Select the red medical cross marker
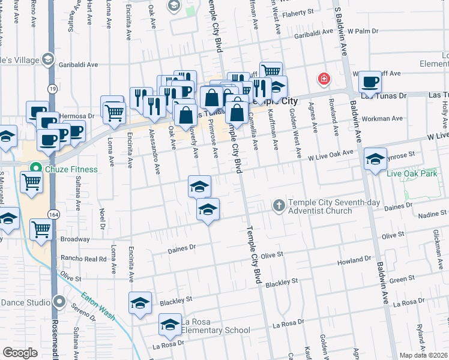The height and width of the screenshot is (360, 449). (324, 79)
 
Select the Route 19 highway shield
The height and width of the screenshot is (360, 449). (53, 89)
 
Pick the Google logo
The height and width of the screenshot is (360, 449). (20, 353)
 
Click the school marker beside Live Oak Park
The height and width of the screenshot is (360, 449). (375, 159)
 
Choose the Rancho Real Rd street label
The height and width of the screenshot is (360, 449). (84, 259)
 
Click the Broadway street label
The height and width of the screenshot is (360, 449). (75, 239)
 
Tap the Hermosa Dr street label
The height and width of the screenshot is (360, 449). (77, 116)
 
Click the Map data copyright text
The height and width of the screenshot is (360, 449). (423, 355)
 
